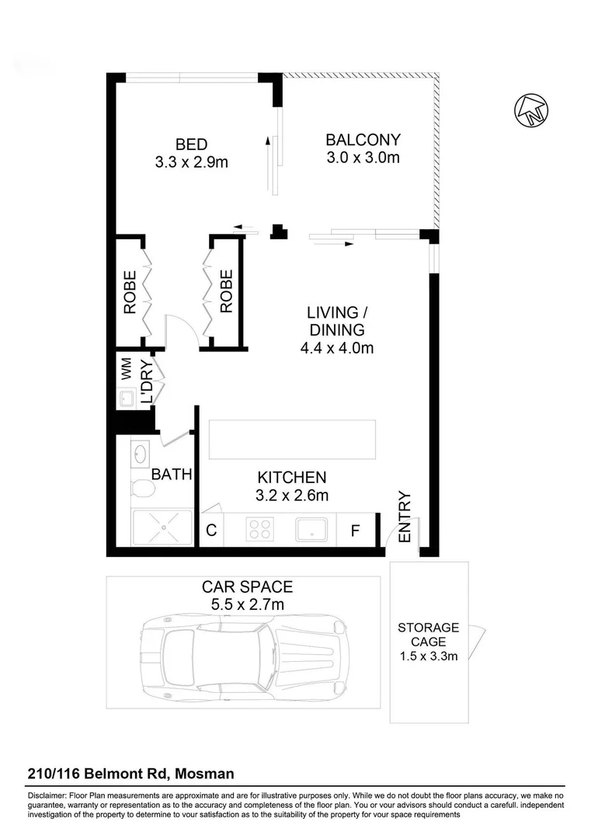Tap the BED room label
pos(191,144)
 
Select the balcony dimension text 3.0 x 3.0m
pos(363,158)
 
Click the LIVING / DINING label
pos(337,322)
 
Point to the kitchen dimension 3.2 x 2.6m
pos(292,495)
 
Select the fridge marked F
pos(356,531)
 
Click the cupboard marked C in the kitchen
pos(210,531)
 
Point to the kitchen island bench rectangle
pos(292,440)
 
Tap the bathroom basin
pos(141,453)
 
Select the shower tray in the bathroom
pos(162,528)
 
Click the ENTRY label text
pos(404,517)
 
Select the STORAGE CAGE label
pos(428,635)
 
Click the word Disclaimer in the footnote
pos(48,796)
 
